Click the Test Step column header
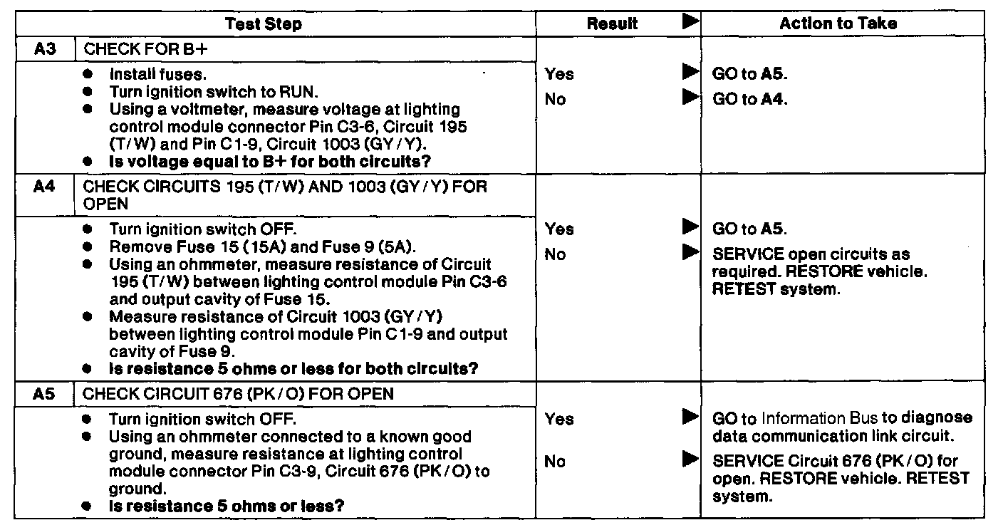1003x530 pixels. click(x=264, y=24)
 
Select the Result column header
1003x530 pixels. click(x=612, y=24)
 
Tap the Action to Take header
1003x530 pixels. click(x=838, y=24)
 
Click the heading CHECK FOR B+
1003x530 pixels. click(x=135, y=50)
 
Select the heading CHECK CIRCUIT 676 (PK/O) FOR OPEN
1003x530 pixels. click(x=239, y=393)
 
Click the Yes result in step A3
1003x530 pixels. click(x=559, y=74)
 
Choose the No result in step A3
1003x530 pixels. click(x=555, y=100)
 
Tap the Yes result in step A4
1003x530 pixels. click(x=559, y=229)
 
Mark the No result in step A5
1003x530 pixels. click(x=555, y=462)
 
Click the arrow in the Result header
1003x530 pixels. click(x=690, y=22)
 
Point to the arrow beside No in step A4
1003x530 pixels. click(x=690, y=251)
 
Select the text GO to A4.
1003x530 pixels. click(x=749, y=100)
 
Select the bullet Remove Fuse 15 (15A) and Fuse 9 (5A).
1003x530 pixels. click(x=262, y=247)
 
